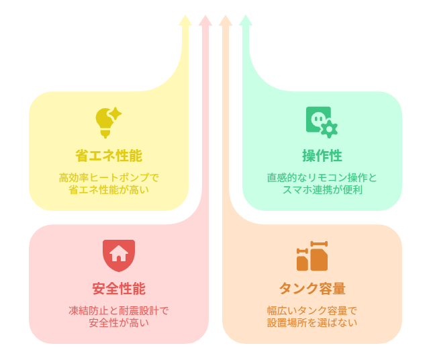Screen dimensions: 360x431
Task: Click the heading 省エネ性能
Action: coord(109,156)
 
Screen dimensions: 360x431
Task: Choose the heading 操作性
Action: coord(322,156)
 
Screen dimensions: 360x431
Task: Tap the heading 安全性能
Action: coord(119,289)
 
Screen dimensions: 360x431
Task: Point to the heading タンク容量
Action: coord(312,289)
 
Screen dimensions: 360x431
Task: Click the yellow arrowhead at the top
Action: coord(185,21)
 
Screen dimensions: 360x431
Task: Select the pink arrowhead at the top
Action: coord(205,21)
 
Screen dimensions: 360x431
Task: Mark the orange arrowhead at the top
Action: coord(226,21)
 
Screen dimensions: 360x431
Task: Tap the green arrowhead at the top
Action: coord(246,21)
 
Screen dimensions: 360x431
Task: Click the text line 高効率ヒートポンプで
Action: coord(109,178)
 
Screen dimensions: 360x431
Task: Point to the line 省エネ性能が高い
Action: coord(109,189)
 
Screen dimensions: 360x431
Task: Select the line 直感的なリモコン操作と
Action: coord(322,178)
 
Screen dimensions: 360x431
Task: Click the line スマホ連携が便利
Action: coord(322,189)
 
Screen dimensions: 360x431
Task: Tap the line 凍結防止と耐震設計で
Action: coord(119,311)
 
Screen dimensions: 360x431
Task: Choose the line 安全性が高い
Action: coord(119,322)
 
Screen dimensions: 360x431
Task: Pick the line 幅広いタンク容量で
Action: coord(312,311)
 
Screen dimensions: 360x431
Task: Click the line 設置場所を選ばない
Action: coord(312,322)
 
